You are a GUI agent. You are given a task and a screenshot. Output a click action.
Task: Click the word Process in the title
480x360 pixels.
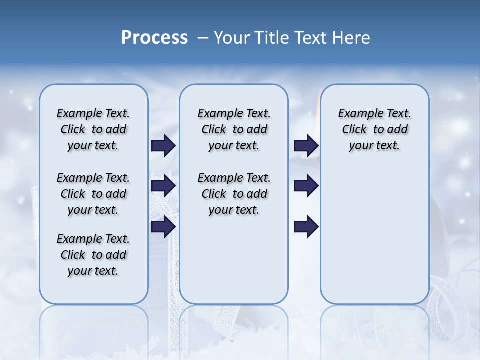(154, 38)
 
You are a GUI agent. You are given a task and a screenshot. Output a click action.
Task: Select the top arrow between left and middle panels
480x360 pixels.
(163, 145)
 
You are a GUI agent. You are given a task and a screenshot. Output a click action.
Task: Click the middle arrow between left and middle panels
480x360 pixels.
(163, 186)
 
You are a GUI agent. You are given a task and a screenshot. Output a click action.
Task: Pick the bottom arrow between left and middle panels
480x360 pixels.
(163, 226)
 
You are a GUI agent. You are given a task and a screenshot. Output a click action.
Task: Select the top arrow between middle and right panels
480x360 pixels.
(306, 145)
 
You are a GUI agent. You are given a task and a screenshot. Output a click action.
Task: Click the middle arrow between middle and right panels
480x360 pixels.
(306, 186)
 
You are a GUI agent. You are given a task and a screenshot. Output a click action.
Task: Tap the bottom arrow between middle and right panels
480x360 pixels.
(306, 226)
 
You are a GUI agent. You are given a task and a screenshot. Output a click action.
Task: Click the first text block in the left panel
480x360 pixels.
(93, 129)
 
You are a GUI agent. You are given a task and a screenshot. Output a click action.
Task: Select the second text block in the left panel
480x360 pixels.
(93, 194)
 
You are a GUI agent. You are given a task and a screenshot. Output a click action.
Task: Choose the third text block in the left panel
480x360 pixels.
(93, 255)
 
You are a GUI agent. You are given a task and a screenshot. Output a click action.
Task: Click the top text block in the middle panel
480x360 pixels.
(234, 129)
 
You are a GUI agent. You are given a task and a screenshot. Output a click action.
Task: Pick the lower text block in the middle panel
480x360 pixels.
(234, 194)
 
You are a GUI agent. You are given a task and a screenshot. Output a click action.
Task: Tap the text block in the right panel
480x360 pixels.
(375, 129)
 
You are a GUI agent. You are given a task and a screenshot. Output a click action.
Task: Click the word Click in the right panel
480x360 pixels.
(354, 130)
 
